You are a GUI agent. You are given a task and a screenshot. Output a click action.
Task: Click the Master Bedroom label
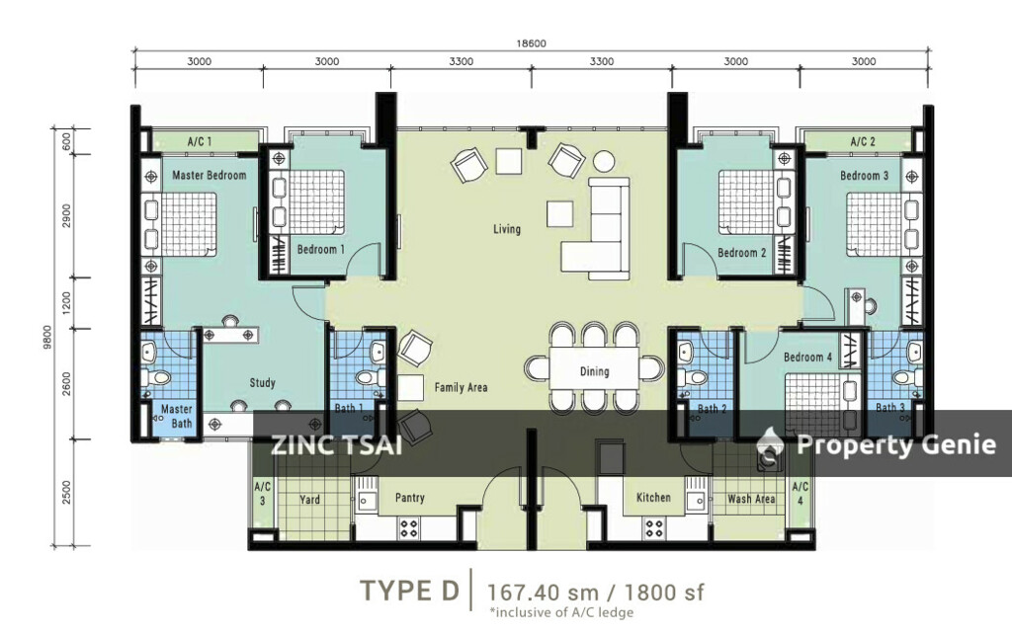[x=209, y=175]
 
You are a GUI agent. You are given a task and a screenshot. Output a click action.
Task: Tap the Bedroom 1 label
[x=320, y=250]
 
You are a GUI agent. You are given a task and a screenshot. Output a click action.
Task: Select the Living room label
[x=507, y=229]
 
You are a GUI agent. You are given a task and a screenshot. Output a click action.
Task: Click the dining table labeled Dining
[x=594, y=370]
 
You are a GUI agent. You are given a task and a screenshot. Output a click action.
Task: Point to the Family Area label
[x=461, y=387]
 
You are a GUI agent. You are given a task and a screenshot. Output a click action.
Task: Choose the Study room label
[x=262, y=383]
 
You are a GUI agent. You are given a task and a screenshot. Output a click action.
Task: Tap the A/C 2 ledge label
[x=863, y=143]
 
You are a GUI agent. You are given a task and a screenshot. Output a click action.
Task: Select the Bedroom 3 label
[x=864, y=175]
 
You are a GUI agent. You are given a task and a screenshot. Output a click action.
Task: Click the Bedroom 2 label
[x=741, y=253]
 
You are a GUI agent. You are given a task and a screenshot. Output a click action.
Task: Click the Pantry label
[x=409, y=498]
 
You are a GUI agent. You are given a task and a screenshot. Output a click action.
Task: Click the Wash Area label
[x=751, y=499]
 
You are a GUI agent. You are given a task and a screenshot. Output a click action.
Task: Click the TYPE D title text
[x=409, y=591]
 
